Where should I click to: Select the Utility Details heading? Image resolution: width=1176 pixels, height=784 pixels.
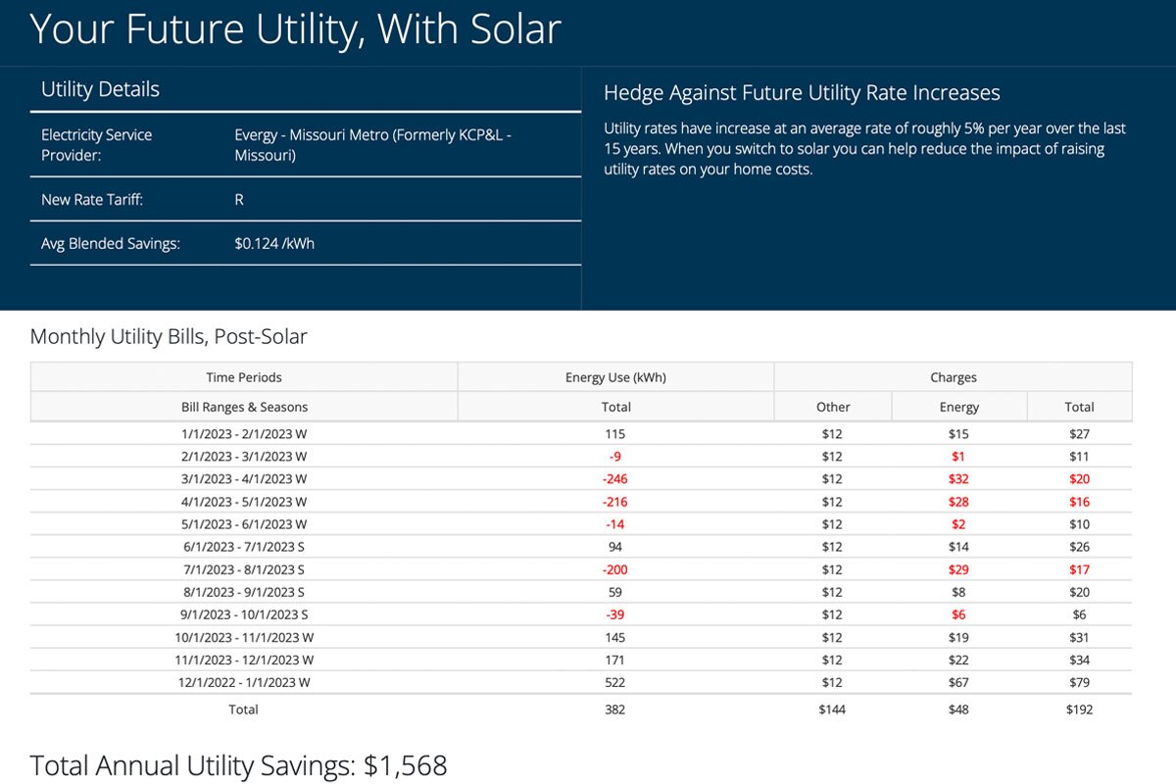pyautogui.click(x=100, y=89)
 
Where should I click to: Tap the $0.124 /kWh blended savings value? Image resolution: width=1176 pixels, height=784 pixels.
pyautogui.click(x=274, y=243)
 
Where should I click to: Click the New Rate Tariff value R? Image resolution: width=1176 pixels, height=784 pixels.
pyautogui.click(x=239, y=199)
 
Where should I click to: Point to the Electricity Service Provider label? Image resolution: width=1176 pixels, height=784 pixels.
pyautogui.click(x=96, y=144)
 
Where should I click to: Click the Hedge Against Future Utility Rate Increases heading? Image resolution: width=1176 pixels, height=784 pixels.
pyautogui.click(x=802, y=93)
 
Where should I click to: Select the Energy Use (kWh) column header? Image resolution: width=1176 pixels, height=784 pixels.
pyautogui.click(x=615, y=377)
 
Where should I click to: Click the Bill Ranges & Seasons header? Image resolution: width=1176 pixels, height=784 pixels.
pyautogui.click(x=244, y=407)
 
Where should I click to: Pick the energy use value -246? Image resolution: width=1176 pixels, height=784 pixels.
pyautogui.click(x=615, y=479)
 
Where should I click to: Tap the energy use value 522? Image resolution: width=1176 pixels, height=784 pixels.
pyautogui.click(x=615, y=683)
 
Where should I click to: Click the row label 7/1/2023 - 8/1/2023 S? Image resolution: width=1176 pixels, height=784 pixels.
pyautogui.click(x=244, y=569)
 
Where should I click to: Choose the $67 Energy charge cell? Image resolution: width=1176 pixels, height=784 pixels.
pyautogui.click(x=958, y=683)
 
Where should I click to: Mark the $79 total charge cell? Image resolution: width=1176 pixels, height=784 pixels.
pyautogui.click(x=1079, y=683)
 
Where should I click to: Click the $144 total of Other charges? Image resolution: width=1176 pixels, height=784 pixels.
pyautogui.click(x=832, y=710)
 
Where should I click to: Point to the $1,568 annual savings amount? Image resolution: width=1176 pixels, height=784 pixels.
pyautogui.click(x=405, y=765)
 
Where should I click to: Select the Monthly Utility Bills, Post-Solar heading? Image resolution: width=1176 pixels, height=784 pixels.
pyautogui.click(x=169, y=337)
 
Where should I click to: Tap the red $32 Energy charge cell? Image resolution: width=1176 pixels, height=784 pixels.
pyautogui.click(x=958, y=479)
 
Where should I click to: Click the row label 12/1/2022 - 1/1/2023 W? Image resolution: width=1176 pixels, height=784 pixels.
pyautogui.click(x=244, y=683)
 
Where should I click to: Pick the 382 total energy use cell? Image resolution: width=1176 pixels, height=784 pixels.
pyautogui.click(x=615, y=710)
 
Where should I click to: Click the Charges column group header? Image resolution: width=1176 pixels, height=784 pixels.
pyautogui.click(x=953, y=377)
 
